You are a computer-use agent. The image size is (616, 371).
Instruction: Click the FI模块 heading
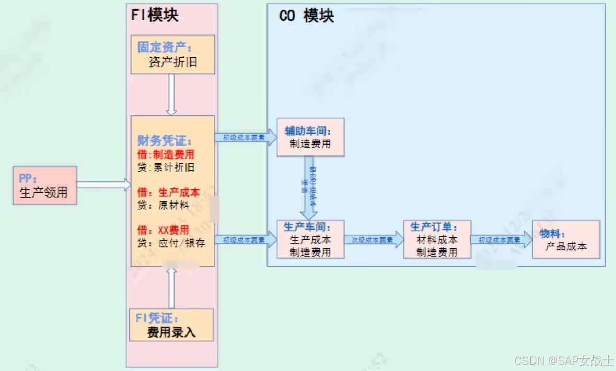[x=155, y=15]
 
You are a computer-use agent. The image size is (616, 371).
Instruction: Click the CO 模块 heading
[x=307, y=16]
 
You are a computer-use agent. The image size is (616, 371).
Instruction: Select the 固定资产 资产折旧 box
[x=172, y=55]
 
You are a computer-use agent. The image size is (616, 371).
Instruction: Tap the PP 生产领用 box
[x=44, y=185]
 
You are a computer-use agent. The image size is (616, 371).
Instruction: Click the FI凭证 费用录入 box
[x=171, y=325]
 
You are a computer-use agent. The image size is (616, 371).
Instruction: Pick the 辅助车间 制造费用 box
[x=310, y=137]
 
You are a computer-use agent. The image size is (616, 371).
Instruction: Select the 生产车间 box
[x=310, y=240]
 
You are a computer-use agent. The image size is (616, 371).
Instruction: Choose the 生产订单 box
[x=437, y=240]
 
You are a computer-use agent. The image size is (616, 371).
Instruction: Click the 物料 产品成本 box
[x=566, y=240]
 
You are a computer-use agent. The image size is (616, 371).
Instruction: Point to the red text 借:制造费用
[x=166, y=154]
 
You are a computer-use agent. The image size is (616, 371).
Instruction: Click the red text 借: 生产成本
[x=168, y=192]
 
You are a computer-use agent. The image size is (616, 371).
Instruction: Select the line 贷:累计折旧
[x=165, y=167]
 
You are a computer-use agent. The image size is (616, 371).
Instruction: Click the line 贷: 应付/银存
[x=171, y=243]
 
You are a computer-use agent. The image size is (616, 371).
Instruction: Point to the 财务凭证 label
[x=165, y=141]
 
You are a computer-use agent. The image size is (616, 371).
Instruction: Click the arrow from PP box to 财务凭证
[x=103, y=184]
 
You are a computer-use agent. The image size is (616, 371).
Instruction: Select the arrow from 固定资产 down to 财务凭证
[x=171, y=94]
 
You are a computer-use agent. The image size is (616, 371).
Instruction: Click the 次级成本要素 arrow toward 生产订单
[x=374, y=240]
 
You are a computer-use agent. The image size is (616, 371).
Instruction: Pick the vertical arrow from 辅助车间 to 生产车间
[x=308, y=188]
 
